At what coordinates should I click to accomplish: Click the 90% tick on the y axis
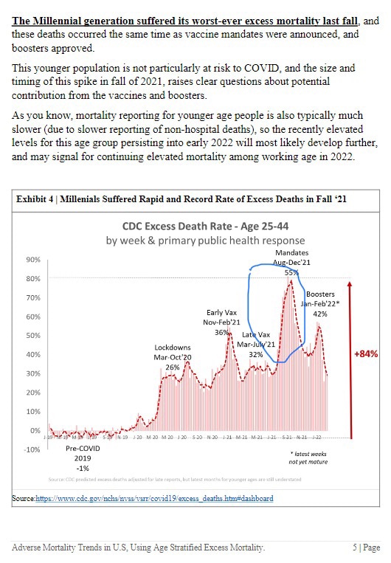[x=32, y=260]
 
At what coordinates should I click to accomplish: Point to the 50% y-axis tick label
[x=32, y=336]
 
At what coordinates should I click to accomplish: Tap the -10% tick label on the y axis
[x=31, y=449]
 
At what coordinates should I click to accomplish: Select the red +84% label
[x=366, y=353]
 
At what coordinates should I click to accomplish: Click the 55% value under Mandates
[x=290, y=272]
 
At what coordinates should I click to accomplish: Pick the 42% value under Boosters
[x=320, y=314]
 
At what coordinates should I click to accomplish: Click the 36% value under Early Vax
[x=222, y=332]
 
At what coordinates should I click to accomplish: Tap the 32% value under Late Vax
[x=256, y=354]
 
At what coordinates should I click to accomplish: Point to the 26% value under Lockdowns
[x=172, y=367]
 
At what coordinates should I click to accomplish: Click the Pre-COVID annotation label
[x=83, y=447]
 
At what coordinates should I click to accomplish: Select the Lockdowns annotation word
[x=173, y=347]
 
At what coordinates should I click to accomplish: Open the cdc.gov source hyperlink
[x=154, y=498]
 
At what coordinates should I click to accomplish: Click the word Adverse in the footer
[x=31, y=547]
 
